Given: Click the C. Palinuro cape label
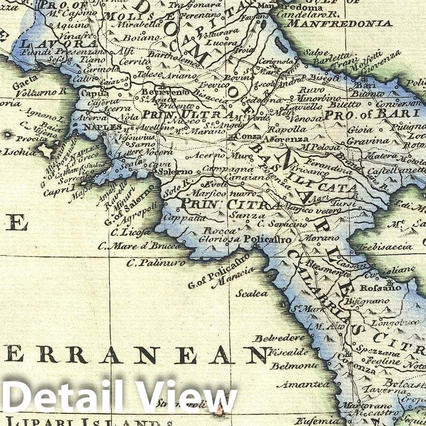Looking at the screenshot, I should click(x=155, y=263).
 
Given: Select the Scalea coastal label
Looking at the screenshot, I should click(x=251, y=294).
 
